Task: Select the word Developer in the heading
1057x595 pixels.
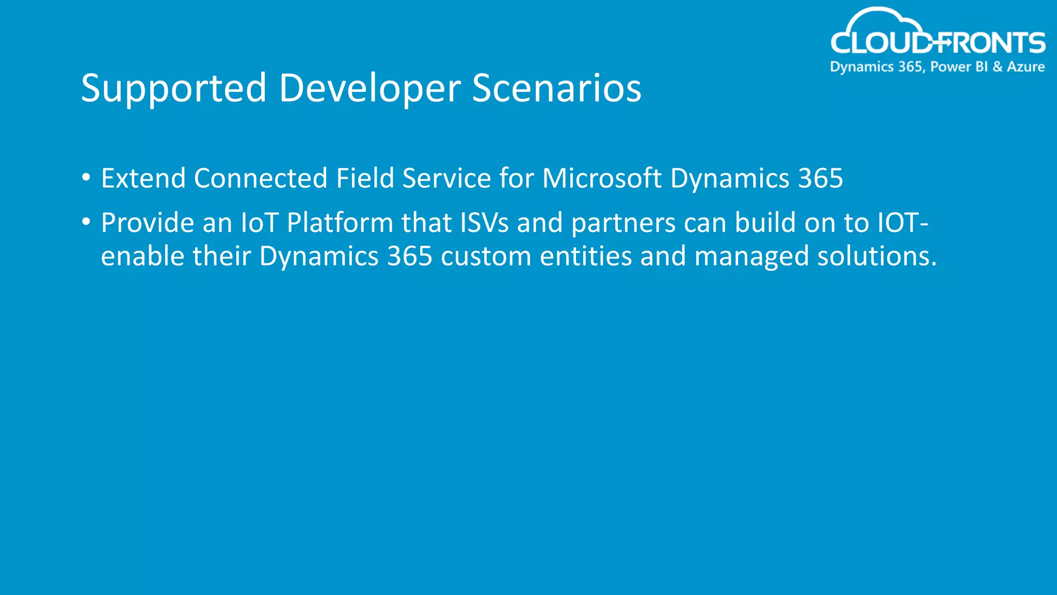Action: pos(370,88)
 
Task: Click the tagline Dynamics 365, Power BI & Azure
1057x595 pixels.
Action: pos(937,67)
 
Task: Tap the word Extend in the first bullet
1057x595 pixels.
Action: pos(143,179)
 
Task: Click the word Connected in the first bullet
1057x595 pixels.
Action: pos(261,179)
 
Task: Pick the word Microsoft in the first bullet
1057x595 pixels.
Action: pos(602,179)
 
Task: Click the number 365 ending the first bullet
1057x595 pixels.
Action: pos(821,179)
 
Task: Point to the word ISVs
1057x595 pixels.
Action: pos(484,223)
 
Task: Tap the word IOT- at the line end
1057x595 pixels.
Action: pos(903,223)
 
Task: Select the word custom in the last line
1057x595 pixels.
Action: pos(486,257)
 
